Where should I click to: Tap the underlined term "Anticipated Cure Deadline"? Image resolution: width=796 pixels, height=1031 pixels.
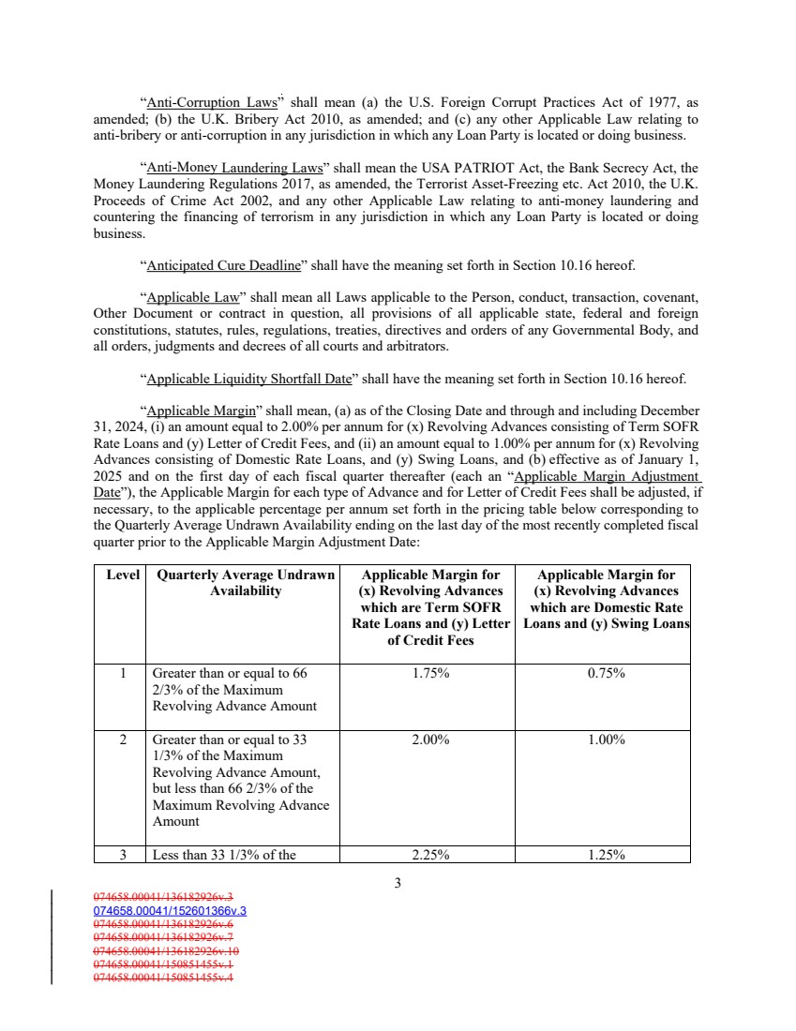[223, 264]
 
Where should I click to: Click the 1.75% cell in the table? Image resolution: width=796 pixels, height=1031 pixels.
[430, 673]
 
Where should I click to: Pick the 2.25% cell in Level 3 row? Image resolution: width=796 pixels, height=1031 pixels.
[430, 854]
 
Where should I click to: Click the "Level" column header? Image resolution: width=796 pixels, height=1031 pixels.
[123, 575]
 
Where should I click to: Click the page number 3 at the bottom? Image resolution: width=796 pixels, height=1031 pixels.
[398, 882]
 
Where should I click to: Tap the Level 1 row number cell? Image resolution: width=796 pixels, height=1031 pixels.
[123, 673]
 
